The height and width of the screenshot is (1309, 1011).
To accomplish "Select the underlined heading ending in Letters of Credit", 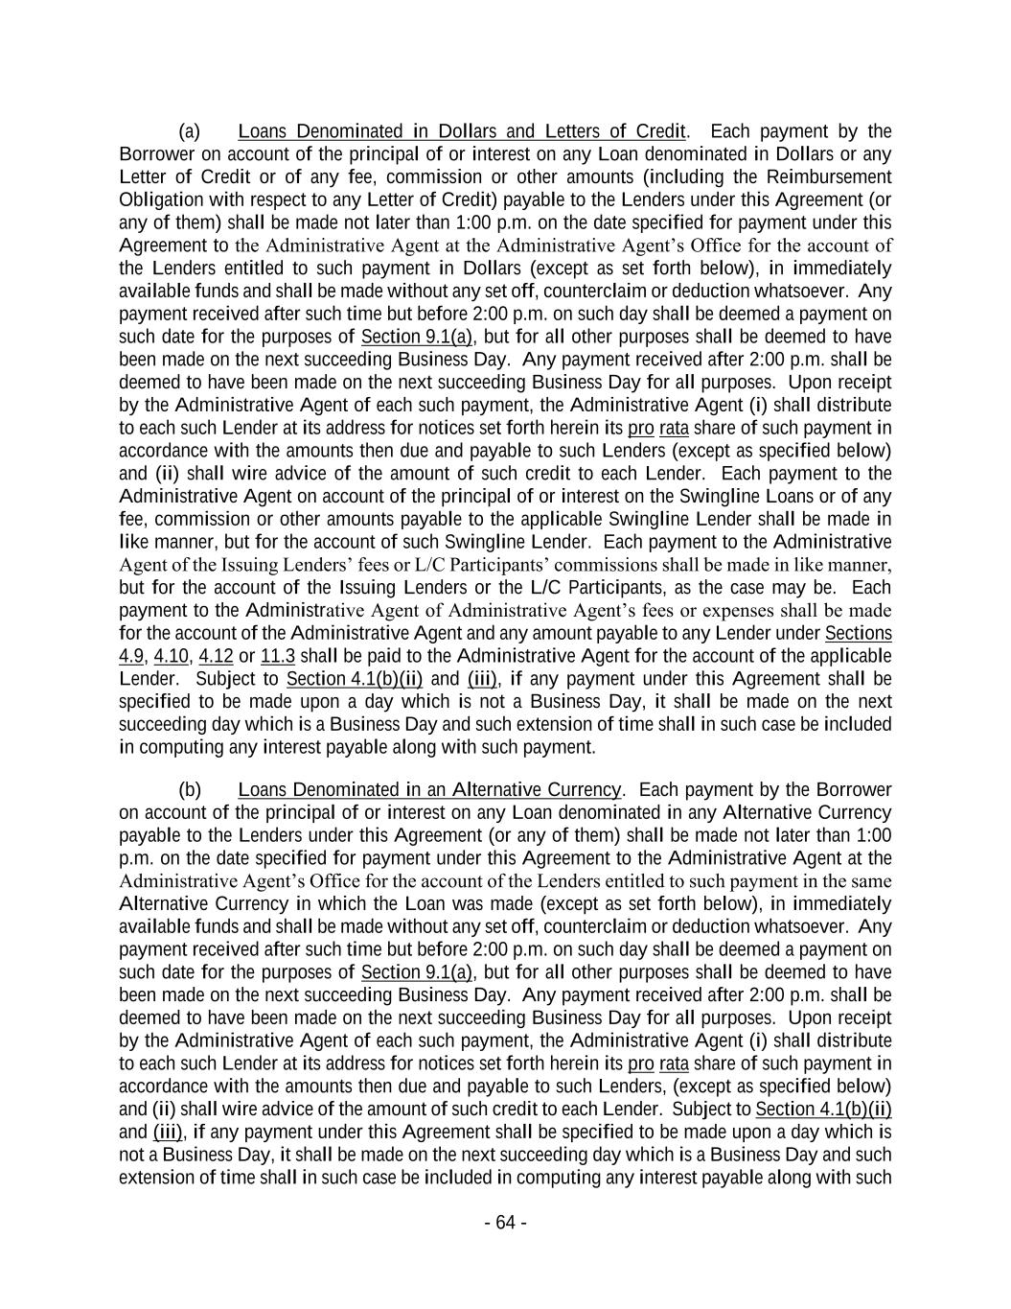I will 462,131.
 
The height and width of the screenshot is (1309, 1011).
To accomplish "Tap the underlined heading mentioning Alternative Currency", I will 429,790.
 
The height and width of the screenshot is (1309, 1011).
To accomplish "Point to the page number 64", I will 505,1223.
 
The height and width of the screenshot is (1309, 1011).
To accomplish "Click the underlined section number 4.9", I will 132,656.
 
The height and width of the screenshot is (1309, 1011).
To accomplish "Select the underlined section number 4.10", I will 172,656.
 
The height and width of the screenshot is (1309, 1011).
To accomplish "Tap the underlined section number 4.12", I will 216,656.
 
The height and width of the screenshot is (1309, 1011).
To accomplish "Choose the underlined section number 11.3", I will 278,656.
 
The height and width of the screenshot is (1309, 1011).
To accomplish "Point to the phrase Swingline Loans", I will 737,497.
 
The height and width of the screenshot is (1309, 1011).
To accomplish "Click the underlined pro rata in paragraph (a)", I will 658,428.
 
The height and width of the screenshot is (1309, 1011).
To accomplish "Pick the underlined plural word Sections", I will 858,634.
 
